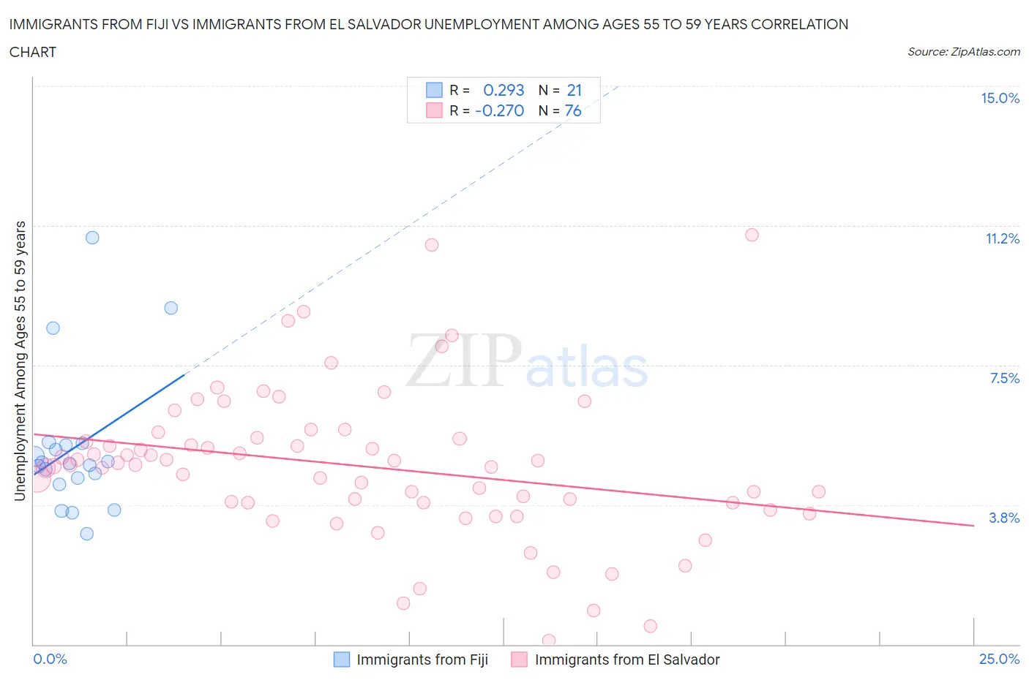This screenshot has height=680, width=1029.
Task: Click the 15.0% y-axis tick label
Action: [x=1000, y=98]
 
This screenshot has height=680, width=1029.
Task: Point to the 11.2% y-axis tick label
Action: [x=1002, y=238]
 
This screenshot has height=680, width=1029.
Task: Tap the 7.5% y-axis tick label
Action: [x=1004, y=378]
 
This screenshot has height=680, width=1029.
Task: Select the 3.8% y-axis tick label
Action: [x=1004, y=518]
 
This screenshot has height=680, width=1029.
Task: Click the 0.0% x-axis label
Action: [x=50, y=659]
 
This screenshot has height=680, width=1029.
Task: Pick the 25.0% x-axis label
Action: [x=999, y=659]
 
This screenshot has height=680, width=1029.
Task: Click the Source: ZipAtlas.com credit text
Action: [x=963, y=52]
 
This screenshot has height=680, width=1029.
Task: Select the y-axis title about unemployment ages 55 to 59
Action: [x=20, y=360]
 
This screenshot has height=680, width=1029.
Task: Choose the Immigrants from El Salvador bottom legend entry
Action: [x=615, y=660]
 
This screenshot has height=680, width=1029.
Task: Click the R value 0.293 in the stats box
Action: [x=504, y=90]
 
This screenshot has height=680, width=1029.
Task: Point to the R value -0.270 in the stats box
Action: [x=499, y=110]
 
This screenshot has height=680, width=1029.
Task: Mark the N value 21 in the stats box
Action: [x=574, y=90]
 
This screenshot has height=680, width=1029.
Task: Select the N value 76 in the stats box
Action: [x=573, y=110]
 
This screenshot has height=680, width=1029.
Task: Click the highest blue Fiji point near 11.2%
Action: [x=92, y=238]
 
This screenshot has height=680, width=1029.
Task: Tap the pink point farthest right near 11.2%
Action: [x=752, y=235]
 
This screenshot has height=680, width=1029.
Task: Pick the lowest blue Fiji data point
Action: [x=86, y=534]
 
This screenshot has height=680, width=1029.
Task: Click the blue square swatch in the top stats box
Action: [x=434, y=90]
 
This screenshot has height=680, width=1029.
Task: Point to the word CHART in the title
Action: [x=33, y=52]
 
